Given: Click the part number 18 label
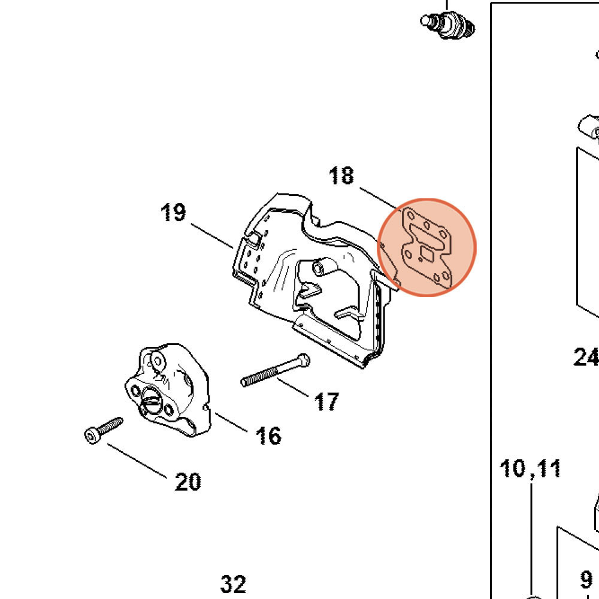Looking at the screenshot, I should pyautogui.click(x=341, y=176).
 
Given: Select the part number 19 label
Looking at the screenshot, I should pyautogui.click(x=173, y=213).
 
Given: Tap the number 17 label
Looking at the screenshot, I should pyautogui.click(x=326, y=401).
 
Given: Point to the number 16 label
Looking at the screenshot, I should pyautogui.click(x=268, y=436).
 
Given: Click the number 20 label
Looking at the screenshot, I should pyautogui.click(x=187, y=482).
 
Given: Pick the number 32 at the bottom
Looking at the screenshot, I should pyautogui.click(x=233, y=583).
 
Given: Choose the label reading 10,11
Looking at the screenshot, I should pyautogui.click(x=530, y=468).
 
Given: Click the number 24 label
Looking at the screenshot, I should pyautogui.click(x=586, y=358).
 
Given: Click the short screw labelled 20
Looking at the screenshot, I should pyautogui.click(x=103, y=428).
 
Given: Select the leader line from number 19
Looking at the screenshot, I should pyautogui.click(x=212, y=235).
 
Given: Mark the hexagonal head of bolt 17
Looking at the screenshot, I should pyautogui.click(x=303, y=361).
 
